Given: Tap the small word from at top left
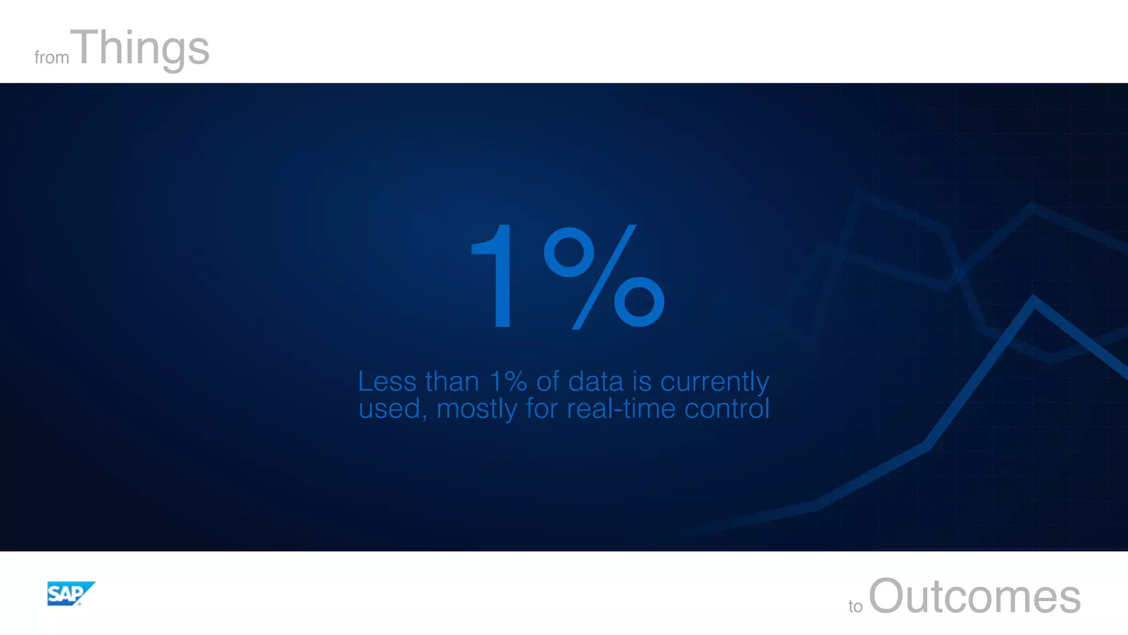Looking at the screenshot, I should coord(52,57).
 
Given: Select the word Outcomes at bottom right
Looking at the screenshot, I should coord(974,596).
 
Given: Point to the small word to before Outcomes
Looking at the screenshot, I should coord(855,606).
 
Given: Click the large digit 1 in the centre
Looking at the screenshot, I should coord(495,276).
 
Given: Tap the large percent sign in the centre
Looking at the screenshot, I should coord(604,277).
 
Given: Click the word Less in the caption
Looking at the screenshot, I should coord(387,381).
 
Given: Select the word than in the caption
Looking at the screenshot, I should coord(452,381).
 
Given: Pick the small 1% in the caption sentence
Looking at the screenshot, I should coord(508,381).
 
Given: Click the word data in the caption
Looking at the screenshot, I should coord(595,381).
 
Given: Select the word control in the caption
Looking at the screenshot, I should coord(726,409).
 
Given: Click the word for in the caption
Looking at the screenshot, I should coord(542,409).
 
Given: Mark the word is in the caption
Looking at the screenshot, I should coord(642,381).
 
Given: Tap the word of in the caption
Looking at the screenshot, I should coord(547,381).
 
